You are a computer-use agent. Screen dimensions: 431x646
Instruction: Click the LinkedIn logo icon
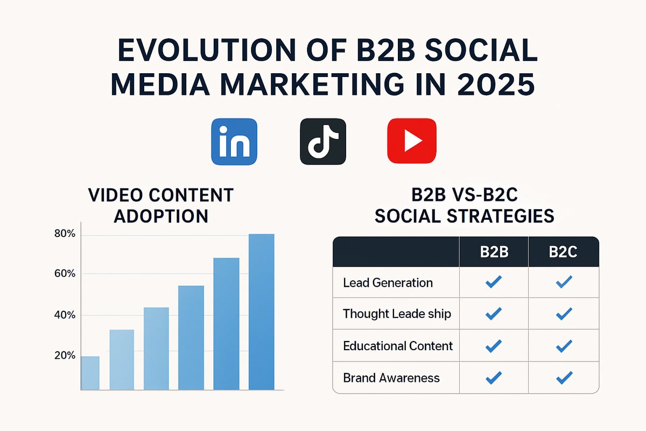[234, 141]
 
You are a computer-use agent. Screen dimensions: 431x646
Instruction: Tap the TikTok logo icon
[322, 141]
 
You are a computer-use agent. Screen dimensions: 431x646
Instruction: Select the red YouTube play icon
[411, 141]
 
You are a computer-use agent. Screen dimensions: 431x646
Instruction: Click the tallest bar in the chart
[262, 311]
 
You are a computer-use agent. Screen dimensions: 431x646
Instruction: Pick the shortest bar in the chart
[90, 373]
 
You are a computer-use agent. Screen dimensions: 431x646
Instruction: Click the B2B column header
[494, 252]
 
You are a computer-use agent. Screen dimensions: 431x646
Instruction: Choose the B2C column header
[563, 252]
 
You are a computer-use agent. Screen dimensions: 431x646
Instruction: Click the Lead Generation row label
[388, 282]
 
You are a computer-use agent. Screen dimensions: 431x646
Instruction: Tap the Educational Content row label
[398, 345]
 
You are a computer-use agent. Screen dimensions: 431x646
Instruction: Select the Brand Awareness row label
[391, 378]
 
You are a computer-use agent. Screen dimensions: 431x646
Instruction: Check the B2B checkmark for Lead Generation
[494, 282]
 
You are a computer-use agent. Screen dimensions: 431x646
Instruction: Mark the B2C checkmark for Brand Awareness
[564, 378]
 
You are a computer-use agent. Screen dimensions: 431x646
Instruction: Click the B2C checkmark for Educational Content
[564, 346]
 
